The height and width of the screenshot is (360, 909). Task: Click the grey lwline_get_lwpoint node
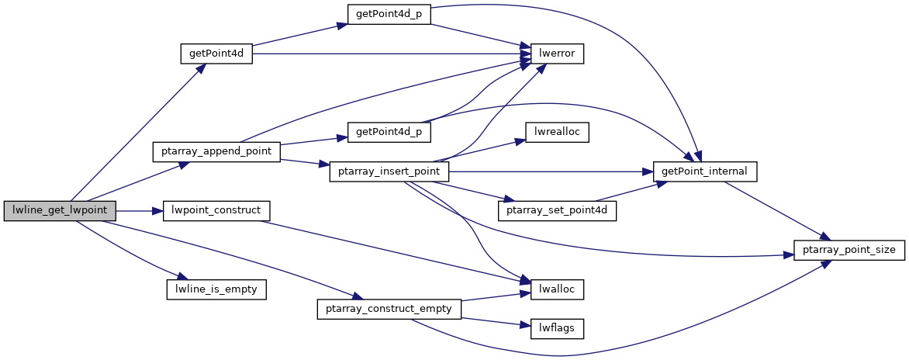click(x=60, y=211)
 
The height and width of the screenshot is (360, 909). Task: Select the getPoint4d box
click(x=216, y=54)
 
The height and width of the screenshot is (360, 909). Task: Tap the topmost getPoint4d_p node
click(x=388, y=16)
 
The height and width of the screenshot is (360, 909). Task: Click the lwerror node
click(x=556, y=54)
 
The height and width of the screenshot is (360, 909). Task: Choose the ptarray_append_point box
click(x=216, y=151)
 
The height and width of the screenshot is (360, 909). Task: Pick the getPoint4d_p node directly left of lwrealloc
click(x=388, y=132)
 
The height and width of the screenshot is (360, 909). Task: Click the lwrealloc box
click(x=556, y=132)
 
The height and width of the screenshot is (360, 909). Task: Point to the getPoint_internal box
click(x=704, y=171)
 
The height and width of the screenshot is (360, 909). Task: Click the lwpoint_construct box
click(x=216, y=211)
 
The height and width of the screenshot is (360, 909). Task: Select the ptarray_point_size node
click(x=849, y=251)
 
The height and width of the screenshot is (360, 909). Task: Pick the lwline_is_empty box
click(x=216, y=289)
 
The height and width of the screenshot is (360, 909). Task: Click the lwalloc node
click(x=556, y=289)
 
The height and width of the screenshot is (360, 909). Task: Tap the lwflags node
click(x=556, y=328)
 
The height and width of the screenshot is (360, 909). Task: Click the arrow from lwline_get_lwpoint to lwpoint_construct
click(x=140, y=211)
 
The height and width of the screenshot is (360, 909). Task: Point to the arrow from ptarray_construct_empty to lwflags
click(x=496, y=322)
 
